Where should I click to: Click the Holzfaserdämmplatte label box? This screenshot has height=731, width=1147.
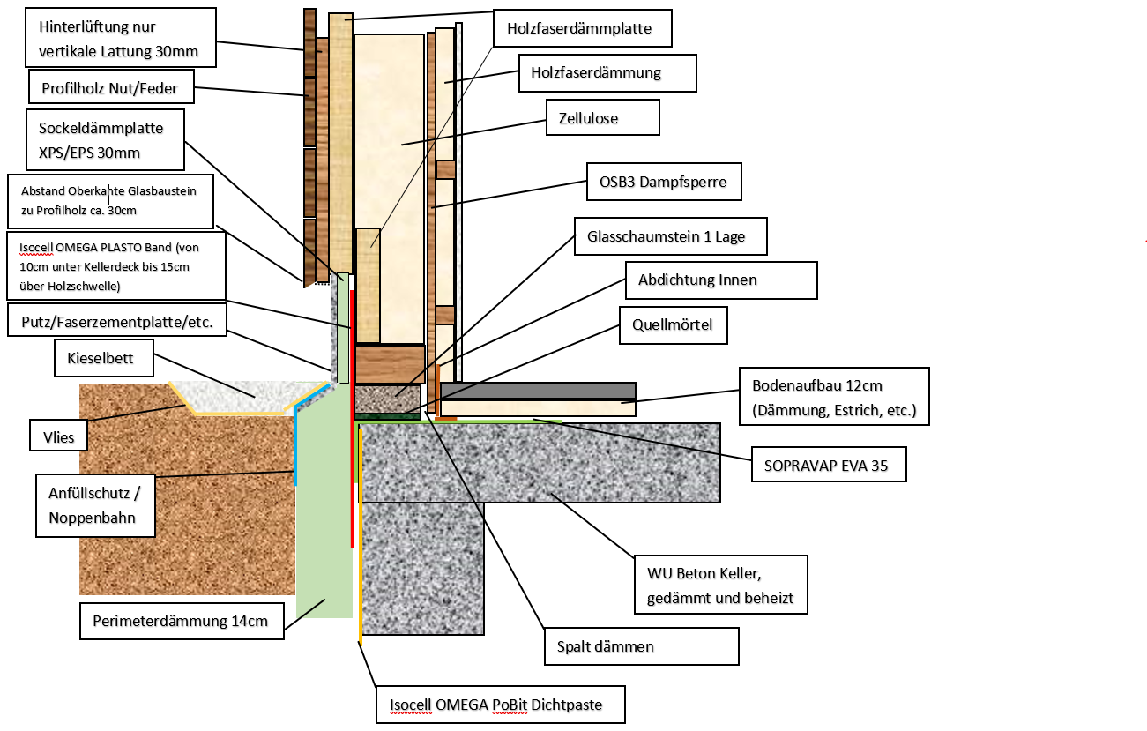582,28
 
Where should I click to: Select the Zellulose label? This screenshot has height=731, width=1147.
603,117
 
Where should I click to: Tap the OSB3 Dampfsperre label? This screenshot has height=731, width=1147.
664,182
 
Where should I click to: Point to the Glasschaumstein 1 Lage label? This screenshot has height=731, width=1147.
670,236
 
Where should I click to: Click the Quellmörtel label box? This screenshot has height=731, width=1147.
673,325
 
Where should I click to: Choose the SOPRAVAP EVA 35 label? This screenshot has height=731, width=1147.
829,464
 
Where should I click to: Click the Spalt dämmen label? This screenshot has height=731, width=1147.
641,646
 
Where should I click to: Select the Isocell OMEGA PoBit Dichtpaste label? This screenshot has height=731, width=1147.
500,705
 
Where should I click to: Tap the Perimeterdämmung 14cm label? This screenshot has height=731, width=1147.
182,621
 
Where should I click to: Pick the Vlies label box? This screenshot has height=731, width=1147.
58,436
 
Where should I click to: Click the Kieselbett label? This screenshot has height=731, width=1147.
103,357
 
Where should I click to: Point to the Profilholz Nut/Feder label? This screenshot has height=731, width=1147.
111,86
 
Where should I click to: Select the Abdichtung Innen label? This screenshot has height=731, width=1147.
721,280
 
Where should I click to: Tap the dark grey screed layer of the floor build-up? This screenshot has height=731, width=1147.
538,391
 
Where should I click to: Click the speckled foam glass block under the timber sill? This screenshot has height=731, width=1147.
388,399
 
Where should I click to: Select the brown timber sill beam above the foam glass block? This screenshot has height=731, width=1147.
390,363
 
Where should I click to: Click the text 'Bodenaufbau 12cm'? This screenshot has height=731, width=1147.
816,385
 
